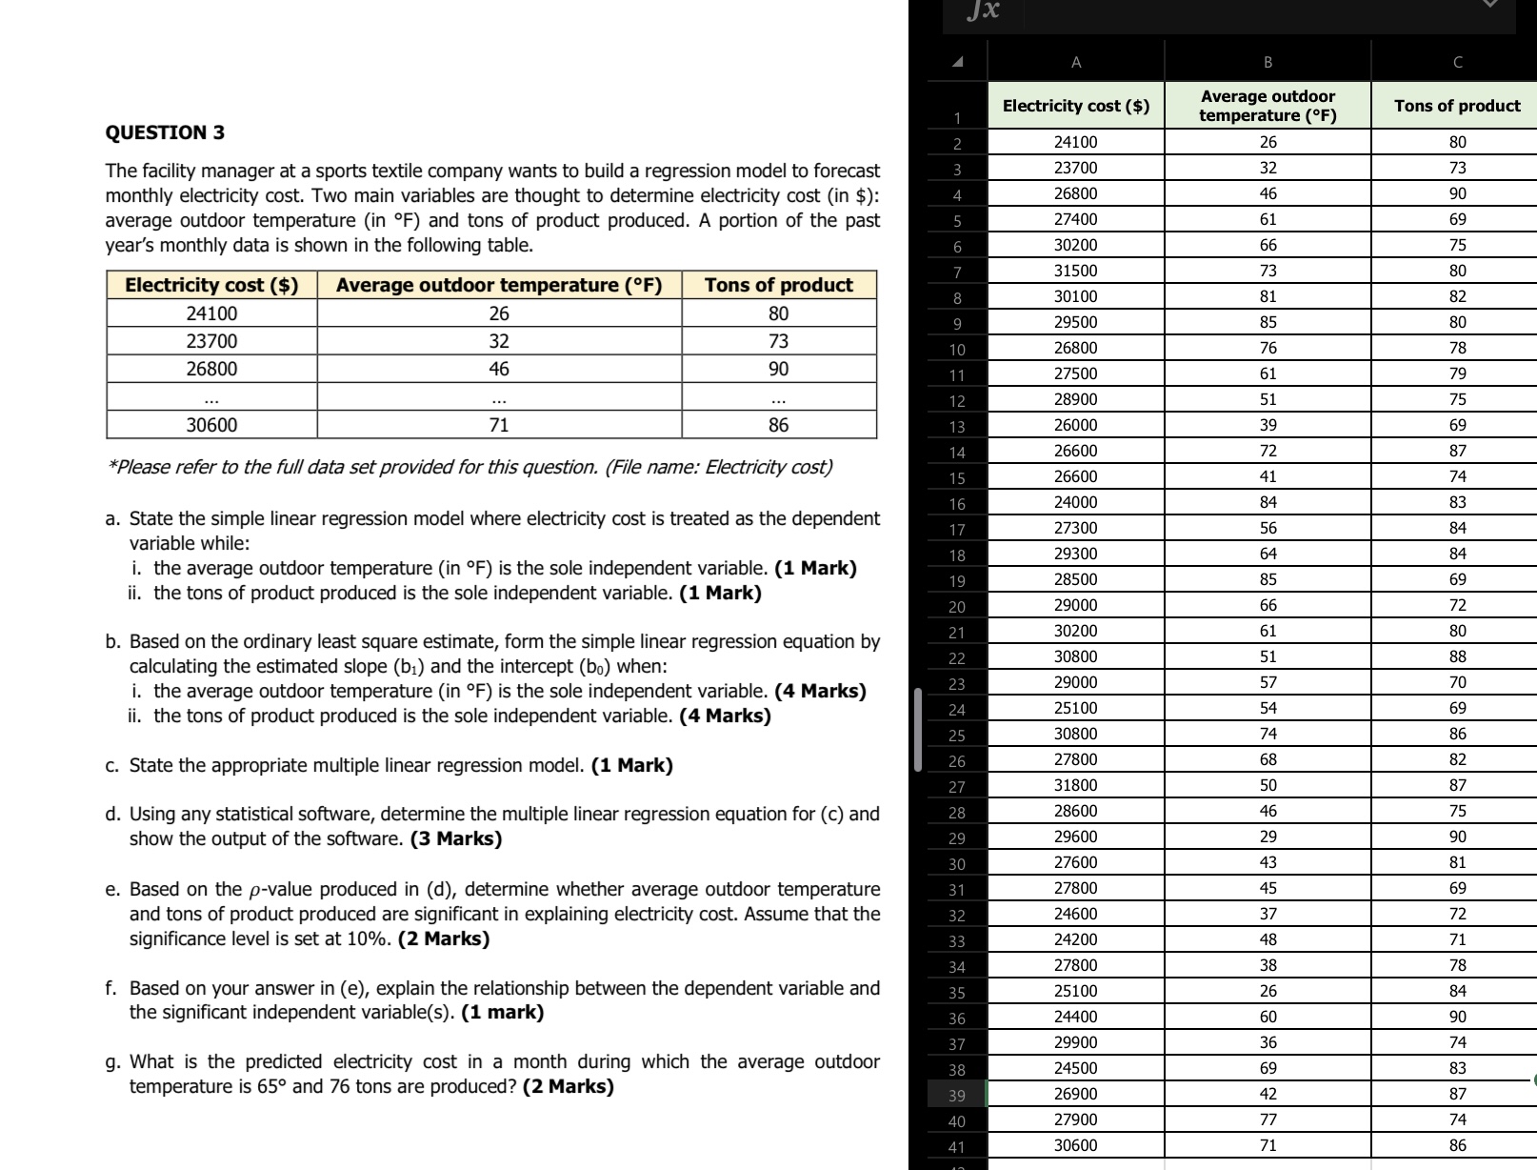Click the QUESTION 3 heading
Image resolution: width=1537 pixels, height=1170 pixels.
click(165, 132)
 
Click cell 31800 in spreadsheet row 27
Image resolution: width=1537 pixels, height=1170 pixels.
click(1075, 785)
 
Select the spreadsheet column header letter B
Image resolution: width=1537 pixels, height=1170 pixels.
click(1268, 63)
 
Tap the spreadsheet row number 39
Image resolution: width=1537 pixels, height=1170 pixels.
click(956, 1096)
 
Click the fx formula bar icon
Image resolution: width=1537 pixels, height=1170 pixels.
click(982, 10)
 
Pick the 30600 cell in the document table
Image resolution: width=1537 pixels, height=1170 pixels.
click(211, 425)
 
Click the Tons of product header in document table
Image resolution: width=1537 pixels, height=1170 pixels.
click(778, 285)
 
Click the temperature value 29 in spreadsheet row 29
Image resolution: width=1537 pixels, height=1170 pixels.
click(1268, 837)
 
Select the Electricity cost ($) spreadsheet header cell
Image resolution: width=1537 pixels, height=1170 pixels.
click(1075, 106)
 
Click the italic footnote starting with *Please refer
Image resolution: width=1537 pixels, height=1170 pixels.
click(469, 467)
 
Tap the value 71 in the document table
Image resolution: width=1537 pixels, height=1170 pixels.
click(498, 425)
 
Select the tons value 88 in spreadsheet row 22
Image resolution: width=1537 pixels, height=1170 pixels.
click(1457, 656)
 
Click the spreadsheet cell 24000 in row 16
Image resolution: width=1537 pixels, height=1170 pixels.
click(1075, 502)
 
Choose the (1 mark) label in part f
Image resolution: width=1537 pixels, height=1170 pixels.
click(502, 1012)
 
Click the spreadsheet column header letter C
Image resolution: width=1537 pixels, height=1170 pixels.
click(1457, 63)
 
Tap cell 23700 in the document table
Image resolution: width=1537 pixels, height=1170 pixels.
click(211, 341)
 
